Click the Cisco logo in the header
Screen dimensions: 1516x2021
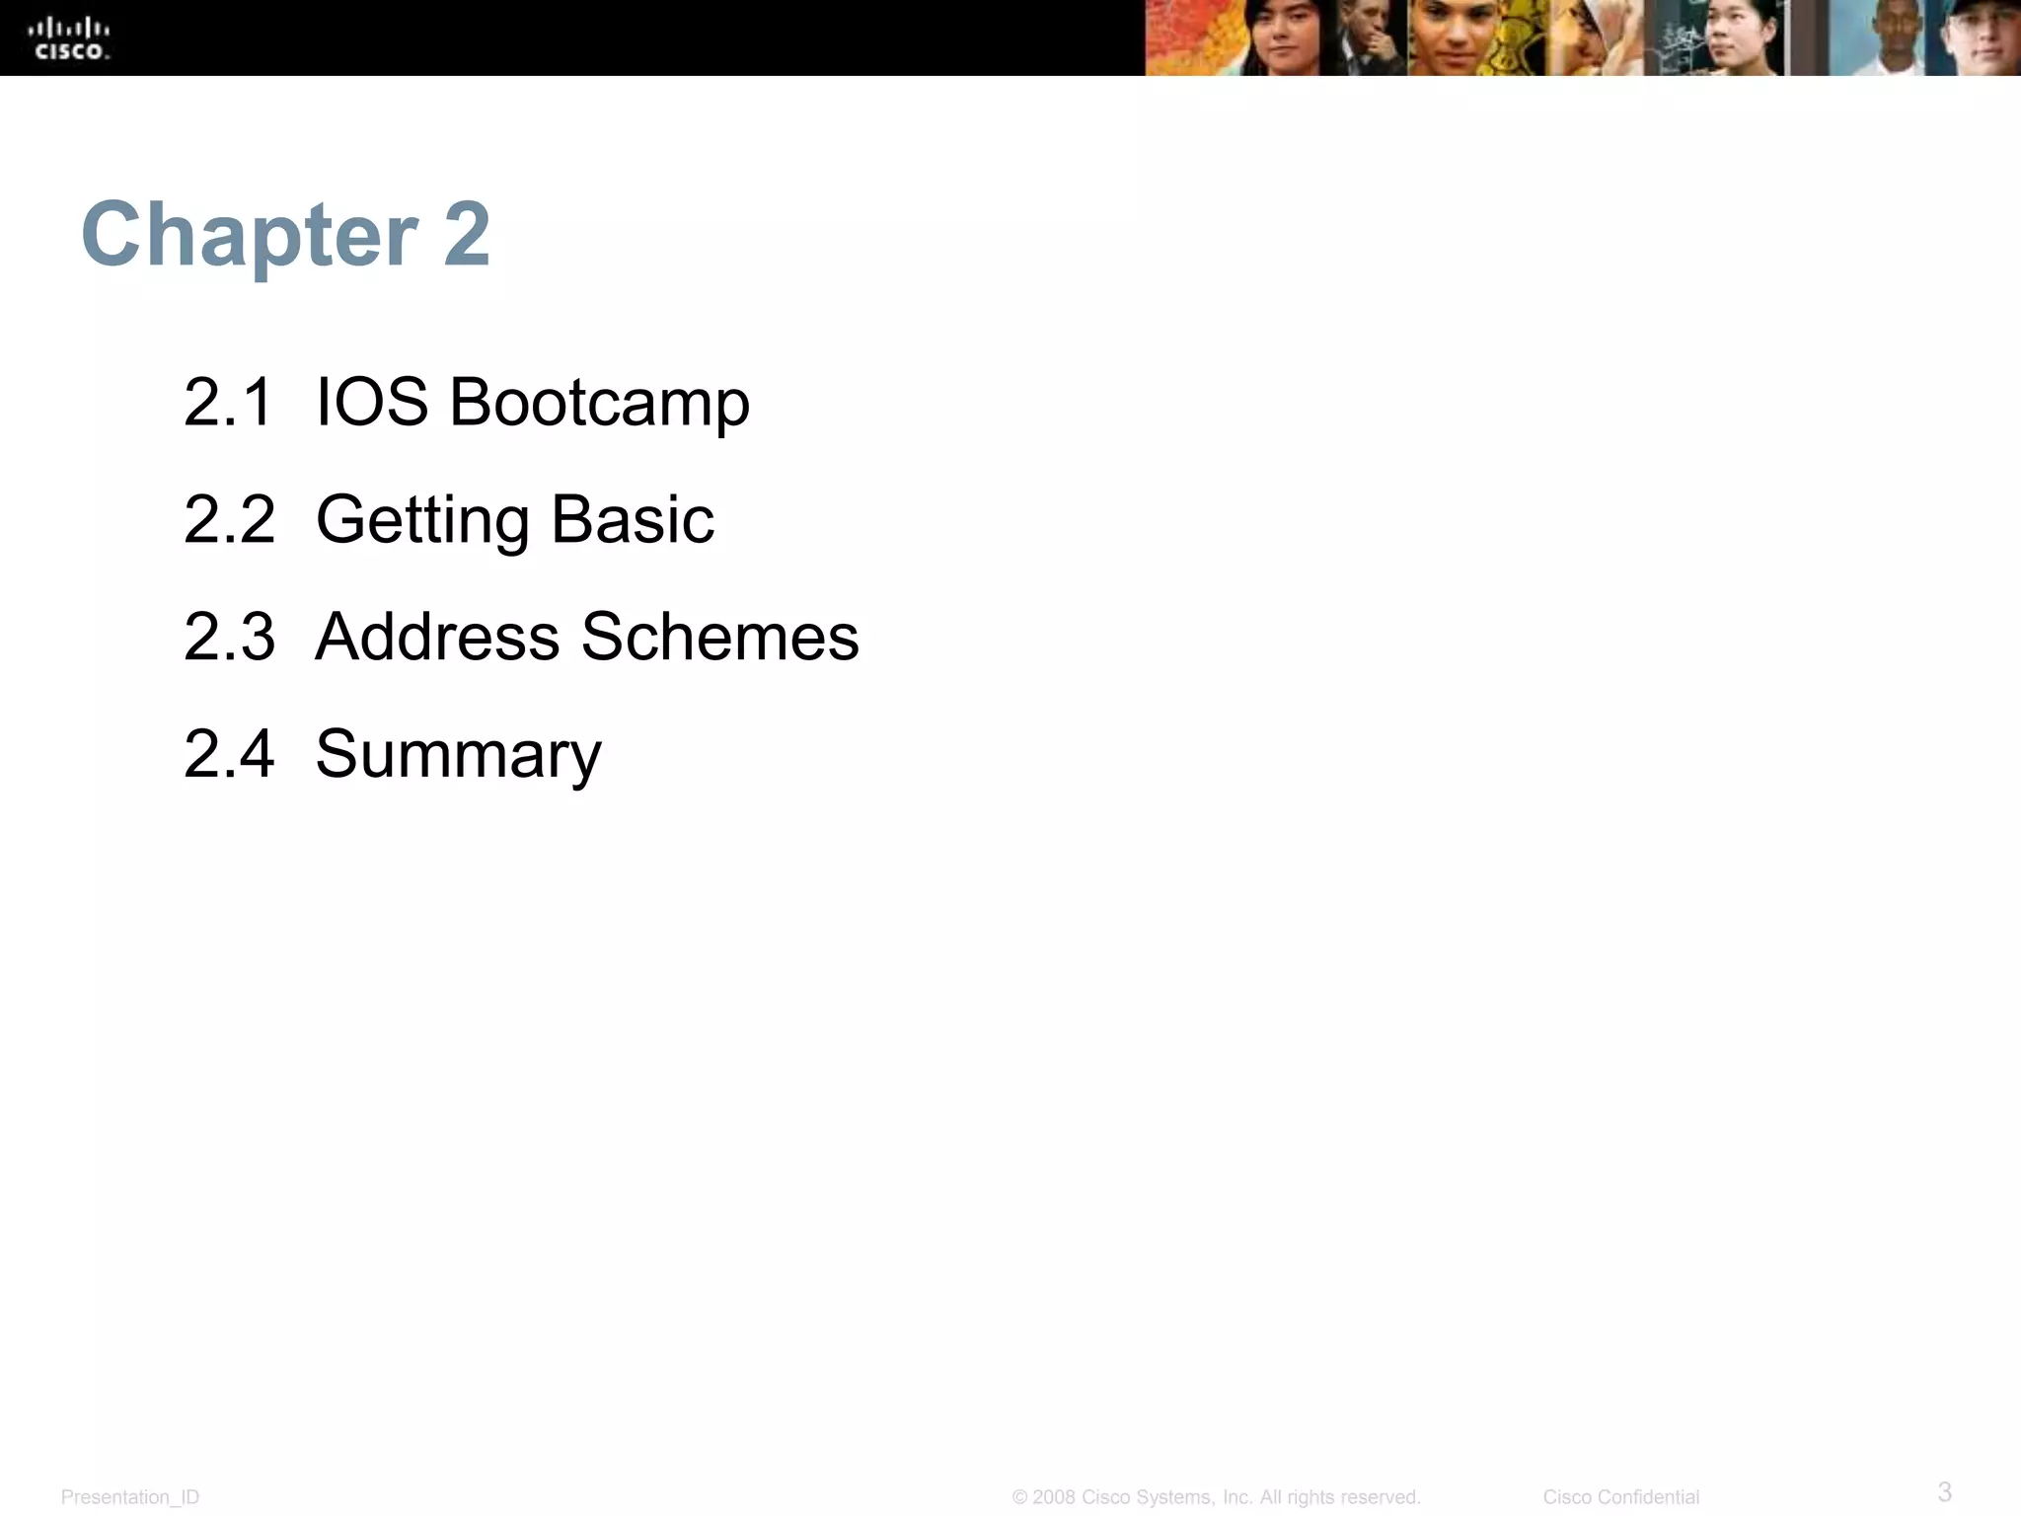[69, 39]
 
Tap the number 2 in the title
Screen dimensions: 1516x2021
[467, 235]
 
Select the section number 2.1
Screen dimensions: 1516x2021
[228, 403]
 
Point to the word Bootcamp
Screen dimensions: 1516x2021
[599, 405]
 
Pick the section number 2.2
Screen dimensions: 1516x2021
[229, 519]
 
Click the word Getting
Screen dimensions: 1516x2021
[422, 521]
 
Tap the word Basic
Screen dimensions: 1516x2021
[633, 519]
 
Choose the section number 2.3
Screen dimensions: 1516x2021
[229, 637]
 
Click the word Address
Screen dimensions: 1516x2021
[437, 637]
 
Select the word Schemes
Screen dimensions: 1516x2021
[720, 637]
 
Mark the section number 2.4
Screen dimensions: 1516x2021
[229, 754]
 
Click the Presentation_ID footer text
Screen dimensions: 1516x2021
[130, 1497]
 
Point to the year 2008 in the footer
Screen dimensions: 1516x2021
[1054, 1497]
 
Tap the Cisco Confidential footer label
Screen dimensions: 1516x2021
[1620, 1497]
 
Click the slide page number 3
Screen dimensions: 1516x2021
[1944, 1491]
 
